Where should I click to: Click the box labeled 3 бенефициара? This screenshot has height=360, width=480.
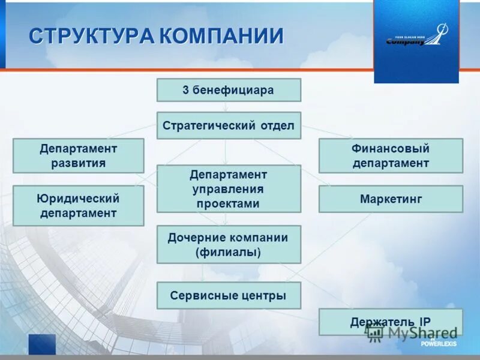[229, 90]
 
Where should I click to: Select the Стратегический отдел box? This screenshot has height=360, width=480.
[229, 125]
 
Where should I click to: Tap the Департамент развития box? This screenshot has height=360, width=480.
[78, 155]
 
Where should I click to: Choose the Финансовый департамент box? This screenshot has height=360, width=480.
[391, 155]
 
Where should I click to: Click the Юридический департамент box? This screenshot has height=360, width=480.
[78, 205]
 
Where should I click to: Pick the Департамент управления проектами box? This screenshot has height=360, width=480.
[229, 188]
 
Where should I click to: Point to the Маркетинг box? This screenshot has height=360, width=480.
[391, 199]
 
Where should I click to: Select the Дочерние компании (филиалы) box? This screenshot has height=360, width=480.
[229, 244]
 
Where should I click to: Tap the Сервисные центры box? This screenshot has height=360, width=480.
[229, 295]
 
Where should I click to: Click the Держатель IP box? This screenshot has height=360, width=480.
[391, 322]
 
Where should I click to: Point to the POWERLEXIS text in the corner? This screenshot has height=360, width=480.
[439, 344]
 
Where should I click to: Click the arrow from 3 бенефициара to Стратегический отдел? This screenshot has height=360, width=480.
[226, 107]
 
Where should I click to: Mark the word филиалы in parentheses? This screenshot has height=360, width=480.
[228, 252]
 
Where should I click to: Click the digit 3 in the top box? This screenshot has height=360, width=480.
[186, 91]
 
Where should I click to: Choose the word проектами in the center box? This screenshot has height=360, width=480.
[228, 203]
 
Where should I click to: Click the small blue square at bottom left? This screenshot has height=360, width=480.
[41, 344]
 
